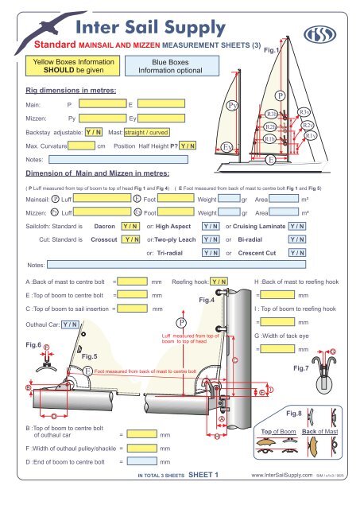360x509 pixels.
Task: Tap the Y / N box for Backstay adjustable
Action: click(x=93, y=132)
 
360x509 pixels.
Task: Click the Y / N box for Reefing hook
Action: click(x=218, y=281)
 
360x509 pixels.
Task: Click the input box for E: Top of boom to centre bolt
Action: click(x=134, y=294)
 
